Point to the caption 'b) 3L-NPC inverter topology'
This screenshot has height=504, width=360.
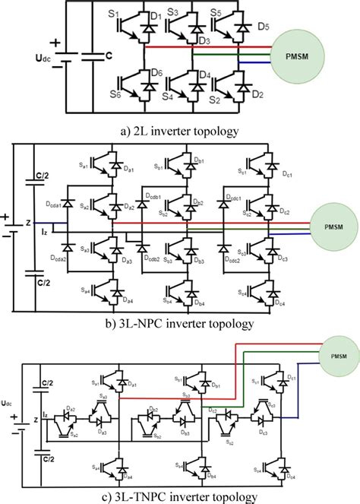[179, 323]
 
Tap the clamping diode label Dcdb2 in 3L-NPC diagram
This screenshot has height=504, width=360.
[152, 258]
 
